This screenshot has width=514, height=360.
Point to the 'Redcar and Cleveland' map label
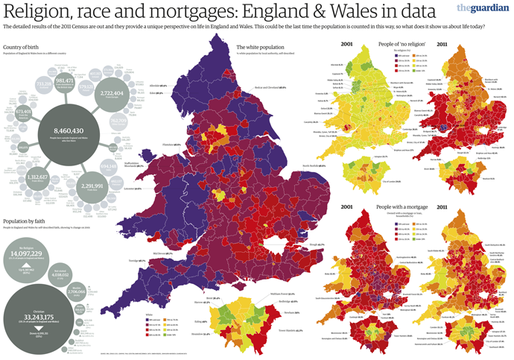point(269,88)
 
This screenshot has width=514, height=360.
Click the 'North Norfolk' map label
point(313,165)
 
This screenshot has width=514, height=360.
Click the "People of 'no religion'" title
point(401,46)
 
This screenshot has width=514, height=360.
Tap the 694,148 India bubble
point(109,145)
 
